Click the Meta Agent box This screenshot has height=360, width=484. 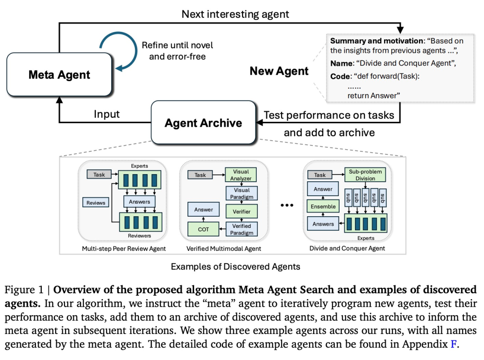[60, 74]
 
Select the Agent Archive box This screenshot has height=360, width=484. [203, 123]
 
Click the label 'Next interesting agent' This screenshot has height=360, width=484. [235, 14]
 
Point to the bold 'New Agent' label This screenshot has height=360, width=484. [279, 71]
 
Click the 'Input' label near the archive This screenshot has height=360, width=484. [107, 114]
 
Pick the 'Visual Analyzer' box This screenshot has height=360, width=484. [242, 175]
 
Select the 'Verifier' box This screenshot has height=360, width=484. [242, 211]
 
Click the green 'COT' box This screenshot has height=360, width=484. [203, 229]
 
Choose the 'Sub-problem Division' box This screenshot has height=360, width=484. [365, 175]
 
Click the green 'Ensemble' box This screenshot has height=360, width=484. [323, 206]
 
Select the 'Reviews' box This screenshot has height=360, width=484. [96, 203]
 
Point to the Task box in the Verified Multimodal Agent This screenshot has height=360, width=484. [200, 175]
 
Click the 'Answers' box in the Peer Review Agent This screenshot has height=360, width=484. [139, 201]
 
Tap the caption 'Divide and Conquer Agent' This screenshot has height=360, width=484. [347, 248]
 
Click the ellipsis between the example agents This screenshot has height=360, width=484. [286, 205]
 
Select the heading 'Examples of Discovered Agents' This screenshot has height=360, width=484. [235, 267]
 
